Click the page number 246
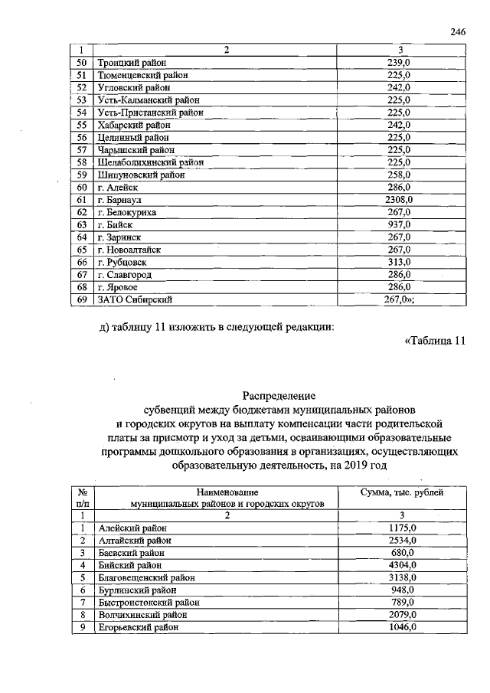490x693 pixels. pyautogui.click(x=458, y=31)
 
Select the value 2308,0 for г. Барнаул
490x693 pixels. pyautogui.click(x=398, y=200)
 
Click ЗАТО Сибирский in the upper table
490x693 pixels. pyautogui.click(x=132, y=299)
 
